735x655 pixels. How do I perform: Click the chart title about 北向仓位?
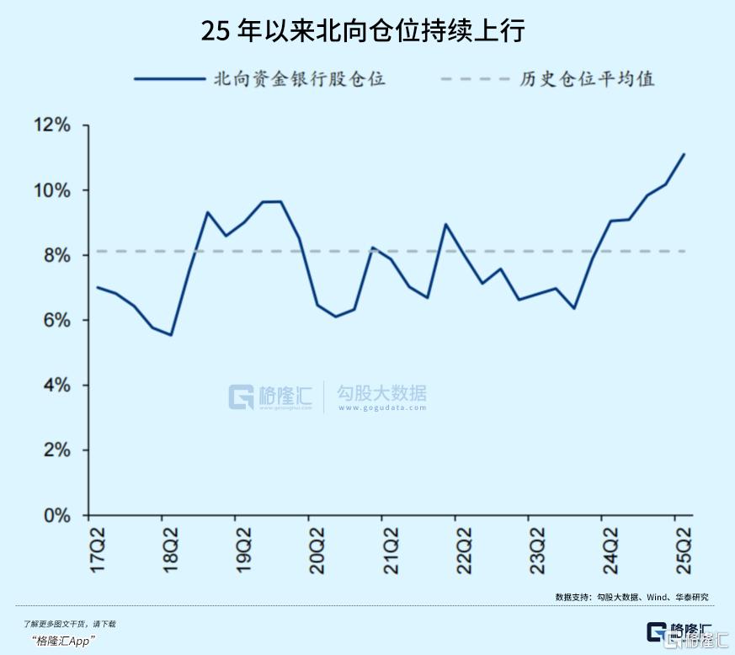(363, 31)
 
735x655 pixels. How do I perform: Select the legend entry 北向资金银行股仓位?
(300, 79)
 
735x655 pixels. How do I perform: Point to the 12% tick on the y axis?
(51, 125)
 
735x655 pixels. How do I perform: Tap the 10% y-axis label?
(51, 190)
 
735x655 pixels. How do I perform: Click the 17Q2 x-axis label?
(99, 550)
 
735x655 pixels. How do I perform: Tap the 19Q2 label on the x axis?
(244, 550)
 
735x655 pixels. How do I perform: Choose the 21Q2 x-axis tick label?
(391, 550)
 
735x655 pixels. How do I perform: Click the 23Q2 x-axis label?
(536, 550)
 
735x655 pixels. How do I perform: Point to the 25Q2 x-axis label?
(683, 550)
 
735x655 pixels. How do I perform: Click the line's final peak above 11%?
(684, 154)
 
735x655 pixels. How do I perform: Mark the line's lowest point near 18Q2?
(171, 335)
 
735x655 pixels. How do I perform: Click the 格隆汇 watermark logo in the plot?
(269, 397)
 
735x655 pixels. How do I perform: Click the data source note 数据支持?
(631, 596)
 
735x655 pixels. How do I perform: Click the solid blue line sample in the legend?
(169, 79)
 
